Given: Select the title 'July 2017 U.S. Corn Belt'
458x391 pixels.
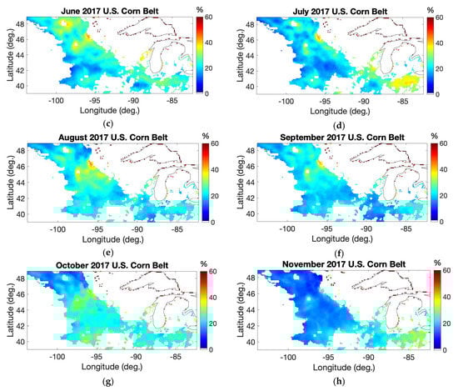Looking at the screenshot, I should [340, 8].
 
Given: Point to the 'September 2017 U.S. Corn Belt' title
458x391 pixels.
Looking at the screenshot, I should [340, 135].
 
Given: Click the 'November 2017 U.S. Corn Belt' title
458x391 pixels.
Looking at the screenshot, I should [340, 264].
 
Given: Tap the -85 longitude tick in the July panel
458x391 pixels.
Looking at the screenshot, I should [407, 100].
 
